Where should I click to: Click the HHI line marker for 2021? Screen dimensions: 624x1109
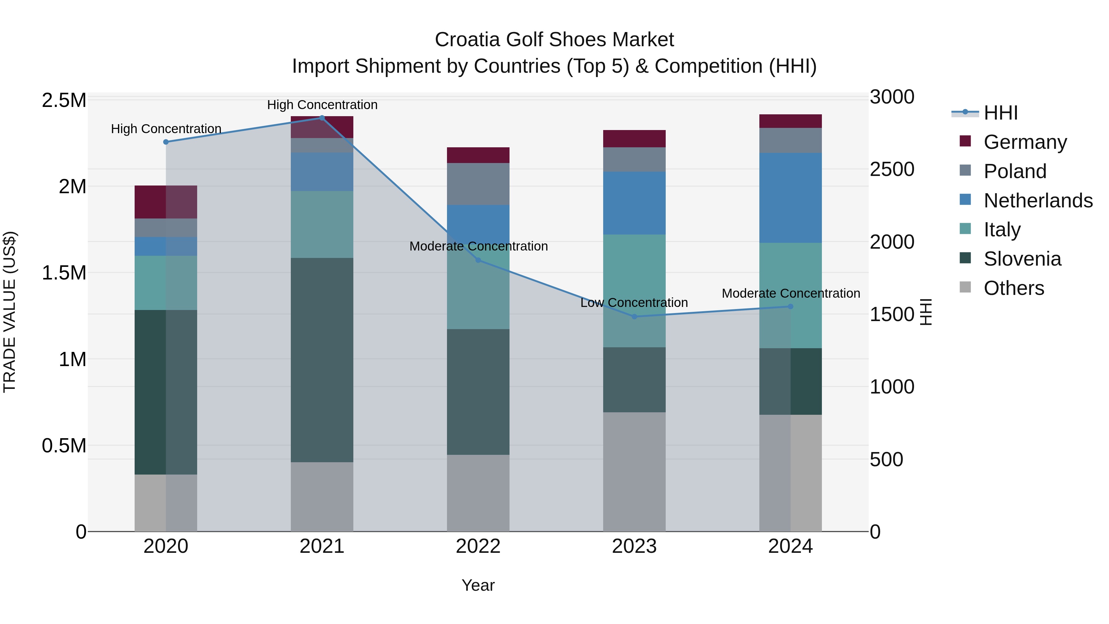pos(322,118)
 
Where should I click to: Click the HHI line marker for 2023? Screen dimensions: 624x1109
pos(634,316)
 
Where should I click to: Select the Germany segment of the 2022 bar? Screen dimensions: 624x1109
pos(478,155)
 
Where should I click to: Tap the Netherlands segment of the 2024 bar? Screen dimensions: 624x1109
pos(790,198)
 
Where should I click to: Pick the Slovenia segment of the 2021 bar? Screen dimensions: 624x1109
pos(322,360)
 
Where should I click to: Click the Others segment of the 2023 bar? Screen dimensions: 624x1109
pos(634,471)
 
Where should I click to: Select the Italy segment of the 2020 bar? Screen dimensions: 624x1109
pos(166,283)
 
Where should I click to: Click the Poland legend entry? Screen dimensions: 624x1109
pos(1014,171)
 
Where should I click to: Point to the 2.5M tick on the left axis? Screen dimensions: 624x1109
pos(64,100)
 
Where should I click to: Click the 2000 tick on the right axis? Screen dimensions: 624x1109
pos(892,242)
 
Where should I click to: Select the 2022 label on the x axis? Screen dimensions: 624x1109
pos(478,546)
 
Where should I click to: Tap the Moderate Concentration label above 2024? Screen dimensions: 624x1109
pos(790,293)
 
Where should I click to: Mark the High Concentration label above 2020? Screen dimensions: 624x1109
pos(166,129)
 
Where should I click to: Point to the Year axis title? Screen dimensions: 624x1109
pos(478,585)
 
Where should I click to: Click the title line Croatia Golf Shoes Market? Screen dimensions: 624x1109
pos(554,40)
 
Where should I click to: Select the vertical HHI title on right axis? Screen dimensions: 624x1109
pos(926,312)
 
